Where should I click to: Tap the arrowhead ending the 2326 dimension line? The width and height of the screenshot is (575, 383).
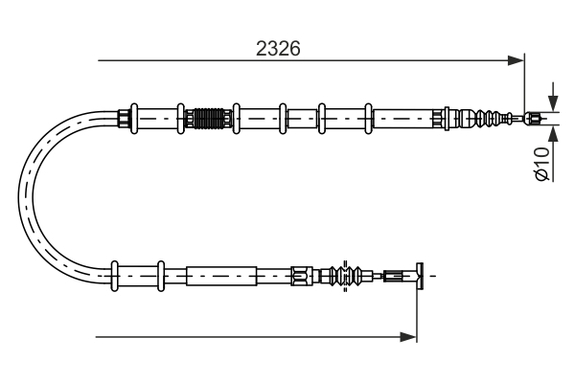click(517, 61)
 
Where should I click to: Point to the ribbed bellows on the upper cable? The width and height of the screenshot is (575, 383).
click(209, 119)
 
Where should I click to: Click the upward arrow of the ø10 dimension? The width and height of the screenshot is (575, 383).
click(552, 133)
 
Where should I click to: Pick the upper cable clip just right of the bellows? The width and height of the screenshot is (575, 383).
click(236, 119)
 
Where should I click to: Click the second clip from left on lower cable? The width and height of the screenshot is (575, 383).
click(160, 276)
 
